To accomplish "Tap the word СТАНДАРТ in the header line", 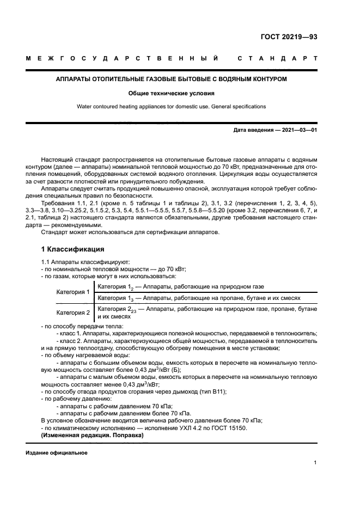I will click(x=277, y=58).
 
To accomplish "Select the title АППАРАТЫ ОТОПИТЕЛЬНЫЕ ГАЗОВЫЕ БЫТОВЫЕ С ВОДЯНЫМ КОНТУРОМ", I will click(x=172, y=79).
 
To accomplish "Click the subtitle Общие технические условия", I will click(x=172, y=93).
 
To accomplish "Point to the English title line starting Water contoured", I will click(x=172, y=107).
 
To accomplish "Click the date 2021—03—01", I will click(x=298, y=130).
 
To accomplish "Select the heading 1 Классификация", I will click(x=73, y=250).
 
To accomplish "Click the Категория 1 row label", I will click(x=73, y=292).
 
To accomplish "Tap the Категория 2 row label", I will click(x=73, y=312).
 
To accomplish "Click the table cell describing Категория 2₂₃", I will click(x=206, y=312).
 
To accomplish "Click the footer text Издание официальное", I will click(x=56, y=453).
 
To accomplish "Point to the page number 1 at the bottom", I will click(x=315, y=463).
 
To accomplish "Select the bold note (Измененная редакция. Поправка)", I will click(x=92, y=436).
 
